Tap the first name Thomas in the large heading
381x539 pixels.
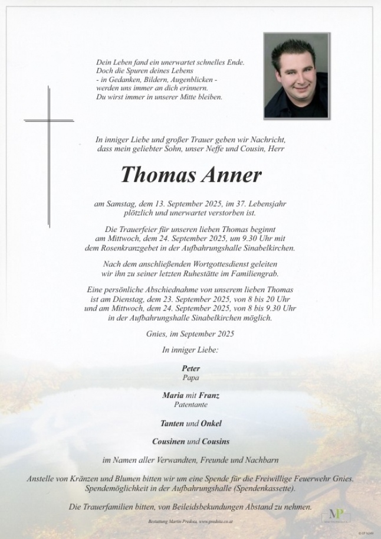[x=155, y=174]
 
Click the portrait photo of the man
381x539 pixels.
[x=296, y=75]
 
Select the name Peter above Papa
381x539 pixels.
[x=190, y=368]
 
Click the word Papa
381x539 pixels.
[x=190, y=377]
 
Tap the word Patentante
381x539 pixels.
[x=190, y=405]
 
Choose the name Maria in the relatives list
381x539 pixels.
[x=172, y=396]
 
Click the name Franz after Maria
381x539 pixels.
[x=209, y=396]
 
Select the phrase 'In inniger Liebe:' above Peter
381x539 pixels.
[x=190, y=350]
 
